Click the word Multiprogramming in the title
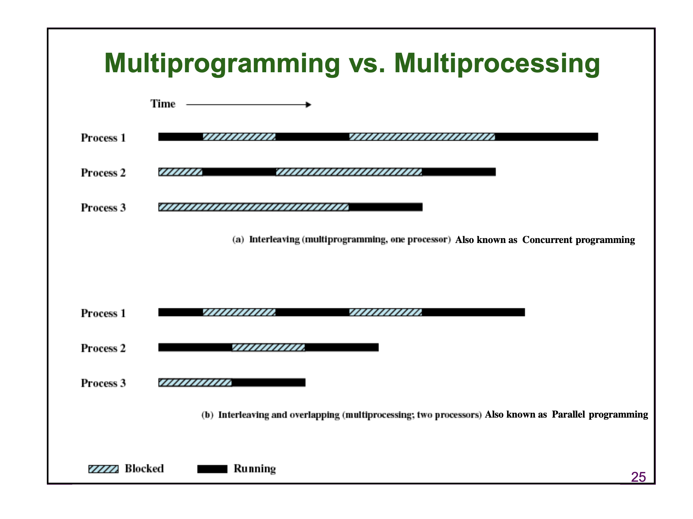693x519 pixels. [222, 64]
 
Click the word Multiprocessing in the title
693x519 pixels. [497, 64]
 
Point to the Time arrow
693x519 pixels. [249, 104]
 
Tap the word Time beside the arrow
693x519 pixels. [163, 104]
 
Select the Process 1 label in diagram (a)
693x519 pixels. [103, 138]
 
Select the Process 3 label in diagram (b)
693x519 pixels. [103, 383]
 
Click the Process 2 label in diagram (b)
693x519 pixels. [103, 348]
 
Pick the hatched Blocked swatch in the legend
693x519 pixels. [103, 469]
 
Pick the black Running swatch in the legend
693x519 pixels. [212, 469]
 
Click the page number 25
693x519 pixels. [638, 477]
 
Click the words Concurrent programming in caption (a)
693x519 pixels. [578, 240]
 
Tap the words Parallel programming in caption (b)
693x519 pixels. [600, 414]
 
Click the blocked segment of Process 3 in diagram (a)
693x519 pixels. [254, 207]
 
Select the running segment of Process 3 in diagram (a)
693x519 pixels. [386, 207]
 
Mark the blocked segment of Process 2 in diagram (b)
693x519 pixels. [268, 347]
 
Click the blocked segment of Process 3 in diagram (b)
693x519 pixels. [195, 383]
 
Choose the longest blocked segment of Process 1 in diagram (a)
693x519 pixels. [422, 137]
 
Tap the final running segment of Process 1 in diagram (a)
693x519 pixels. [547, 137]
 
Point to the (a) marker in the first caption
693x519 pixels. [238, 239]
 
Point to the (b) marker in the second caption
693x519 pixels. [207, 415]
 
